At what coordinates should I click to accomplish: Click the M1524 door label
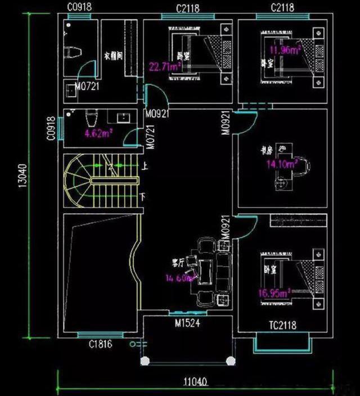point(187,324)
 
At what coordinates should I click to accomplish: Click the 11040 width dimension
point(196,382)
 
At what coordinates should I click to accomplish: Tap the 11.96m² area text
point(285,50)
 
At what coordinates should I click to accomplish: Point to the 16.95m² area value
point(274,292)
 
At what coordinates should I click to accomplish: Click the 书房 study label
point(267,150)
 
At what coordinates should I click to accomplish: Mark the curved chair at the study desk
point(304,166)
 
